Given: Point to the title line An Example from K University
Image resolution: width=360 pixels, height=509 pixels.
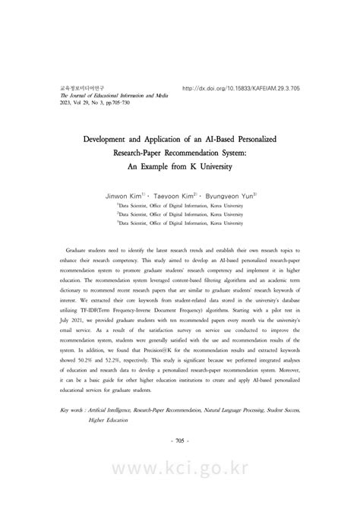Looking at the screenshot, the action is [x=180, y=169].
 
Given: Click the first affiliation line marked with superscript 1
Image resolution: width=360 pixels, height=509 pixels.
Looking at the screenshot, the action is [x=180, y=204].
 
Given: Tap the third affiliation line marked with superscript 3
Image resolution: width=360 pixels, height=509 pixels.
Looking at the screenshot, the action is [x=180, y=223].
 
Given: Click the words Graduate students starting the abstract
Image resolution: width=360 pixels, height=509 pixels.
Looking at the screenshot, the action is [x=88, y=249].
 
